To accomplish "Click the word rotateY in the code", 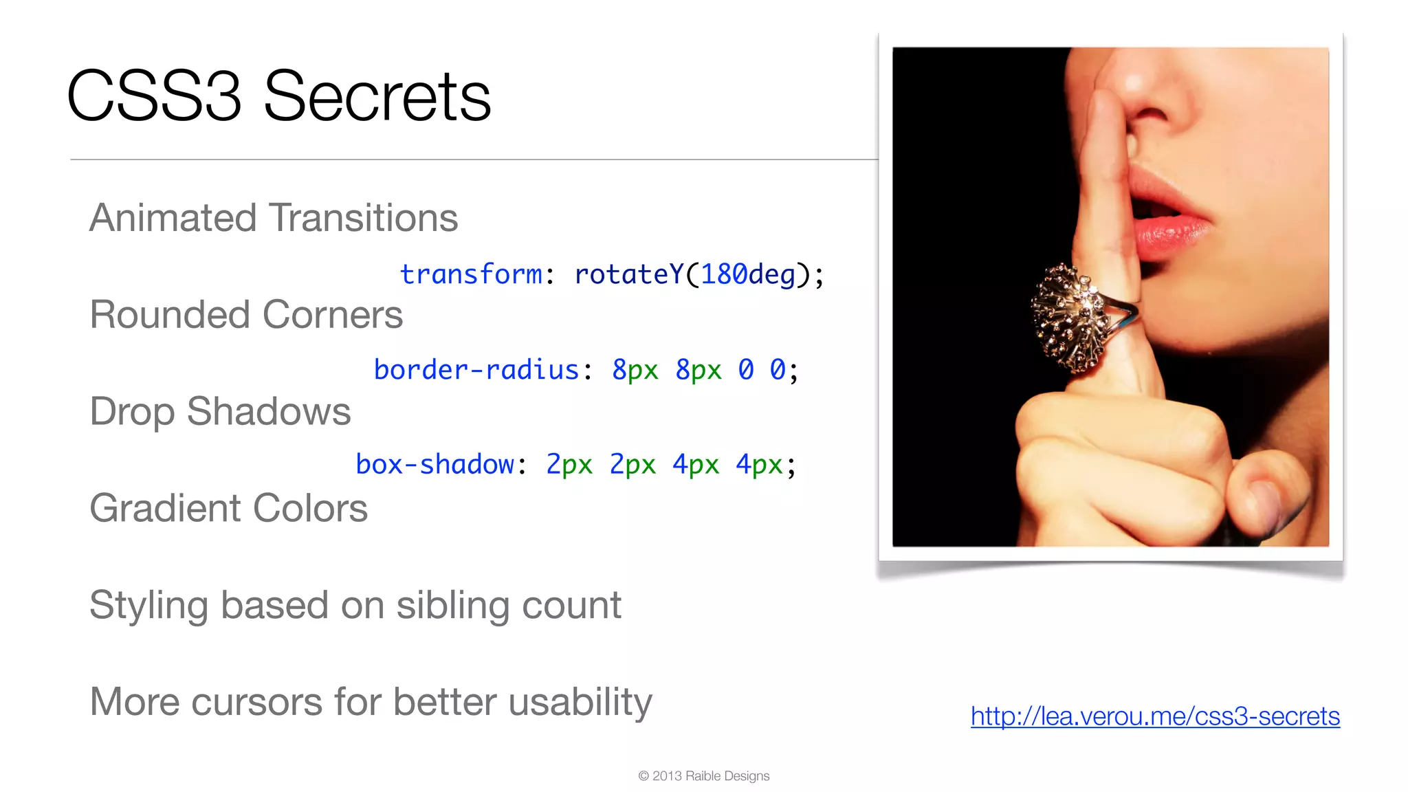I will pyautogui.click(x=628, y=274).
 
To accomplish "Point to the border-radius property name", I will pyautogui.click(x=476, y=370).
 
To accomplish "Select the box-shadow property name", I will pyautogui.click(x=434, y=465).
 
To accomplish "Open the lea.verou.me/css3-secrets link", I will pyautogui.click(x=1155, y=716).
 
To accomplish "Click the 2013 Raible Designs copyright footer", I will pyautogui.click(x=703, y=775).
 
